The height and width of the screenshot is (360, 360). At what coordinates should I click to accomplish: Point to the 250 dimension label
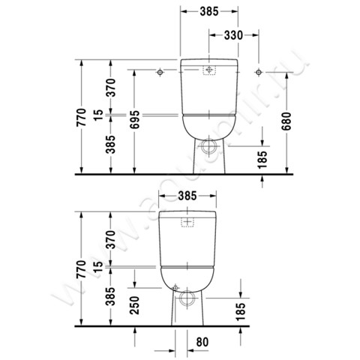(134, 305)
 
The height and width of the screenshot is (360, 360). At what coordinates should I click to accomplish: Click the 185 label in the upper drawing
(262, 158)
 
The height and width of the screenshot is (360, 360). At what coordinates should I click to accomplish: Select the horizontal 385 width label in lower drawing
(187, 196)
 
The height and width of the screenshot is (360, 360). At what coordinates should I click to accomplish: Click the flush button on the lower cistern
(188, 222)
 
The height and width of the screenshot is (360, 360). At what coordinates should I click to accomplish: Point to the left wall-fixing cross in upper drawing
(160, 72)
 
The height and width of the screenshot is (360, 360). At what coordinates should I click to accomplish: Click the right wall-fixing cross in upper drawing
(258, 72)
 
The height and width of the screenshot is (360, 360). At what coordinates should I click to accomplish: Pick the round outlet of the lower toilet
(187, 298)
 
